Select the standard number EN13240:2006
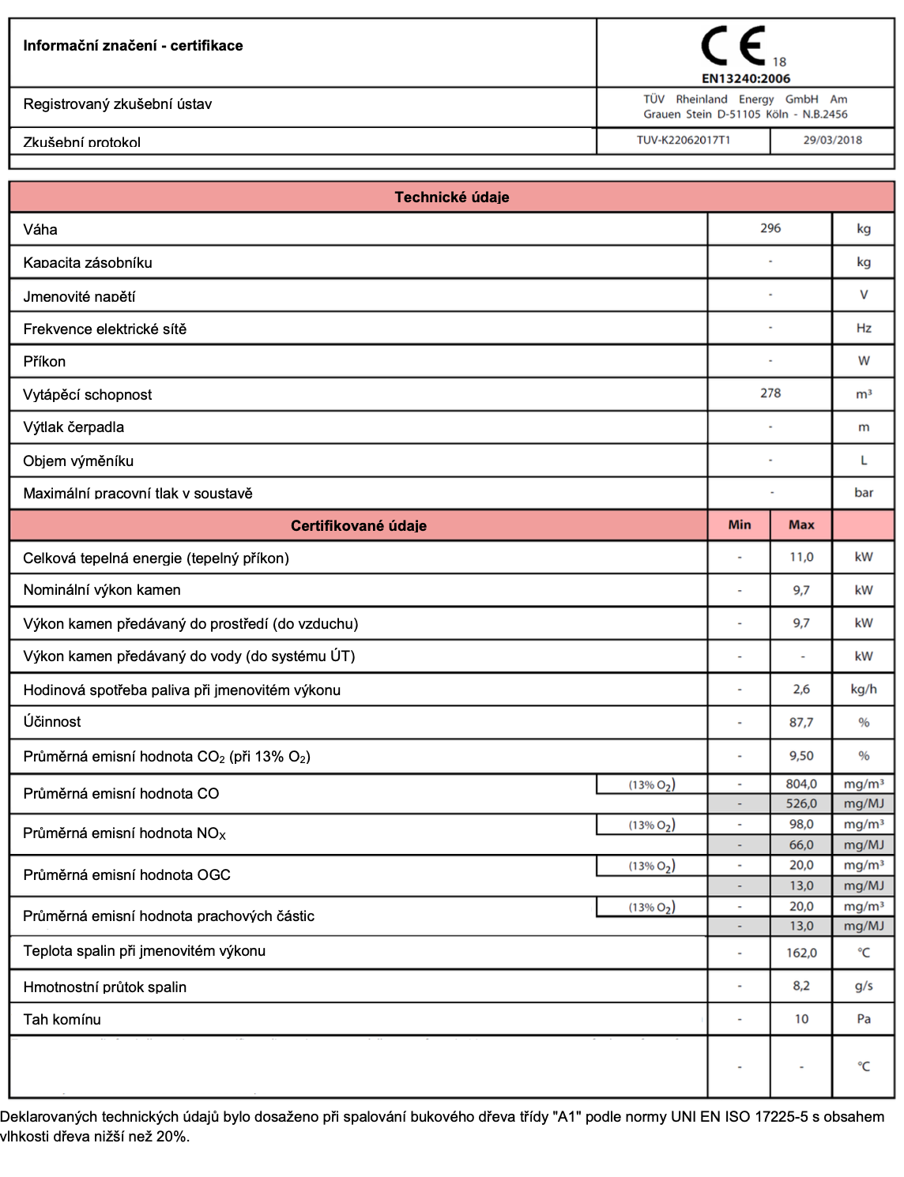(x=745, y=78)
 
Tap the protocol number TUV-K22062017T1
(x=684, y=140)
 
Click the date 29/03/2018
(x=832, y=140)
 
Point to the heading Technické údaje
(x=452, y=197)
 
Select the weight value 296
(x=770, y=228)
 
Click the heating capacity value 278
(x=770, y=393)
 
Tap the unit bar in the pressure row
(x=864, y=492)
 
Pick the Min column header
(x=740, y=525)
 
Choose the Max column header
(x=801, y=525)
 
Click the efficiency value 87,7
(x=801, y=722)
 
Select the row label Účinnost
(x=52, y=721)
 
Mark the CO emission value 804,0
(x=801, y=784)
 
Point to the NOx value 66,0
(x=801, y=844)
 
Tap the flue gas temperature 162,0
(x=801, y=953)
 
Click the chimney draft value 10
(x=801, y=1019)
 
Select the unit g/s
(x=864, y=986)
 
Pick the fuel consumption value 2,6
(x=801, y=689)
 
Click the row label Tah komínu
(x=62, y=1019)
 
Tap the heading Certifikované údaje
(x=359, y=525)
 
